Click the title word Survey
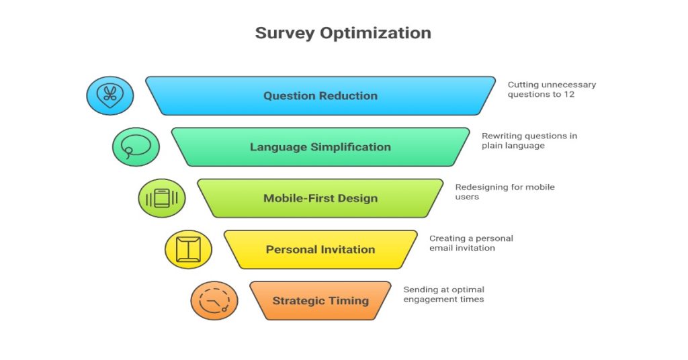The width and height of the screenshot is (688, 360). point(285,34)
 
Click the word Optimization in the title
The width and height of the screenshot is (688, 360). point(376,33)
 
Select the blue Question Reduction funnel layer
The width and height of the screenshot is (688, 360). point(320,96)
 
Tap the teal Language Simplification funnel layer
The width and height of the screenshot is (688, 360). point(320,147)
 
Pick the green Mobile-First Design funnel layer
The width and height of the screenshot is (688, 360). point(320,198)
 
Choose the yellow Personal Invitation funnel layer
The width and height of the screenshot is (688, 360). point(320,249)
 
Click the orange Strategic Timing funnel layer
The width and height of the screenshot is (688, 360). point(320,301)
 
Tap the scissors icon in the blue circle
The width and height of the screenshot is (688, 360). point(110,95)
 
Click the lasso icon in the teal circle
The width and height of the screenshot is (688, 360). point(136,146)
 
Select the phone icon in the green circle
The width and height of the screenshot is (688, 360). point(162,198)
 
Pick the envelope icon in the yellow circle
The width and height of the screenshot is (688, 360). point(188,249)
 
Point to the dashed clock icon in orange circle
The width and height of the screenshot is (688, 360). point(214,301)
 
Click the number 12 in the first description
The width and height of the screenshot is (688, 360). point(569,94)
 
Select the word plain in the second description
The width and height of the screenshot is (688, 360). point(492,146)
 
